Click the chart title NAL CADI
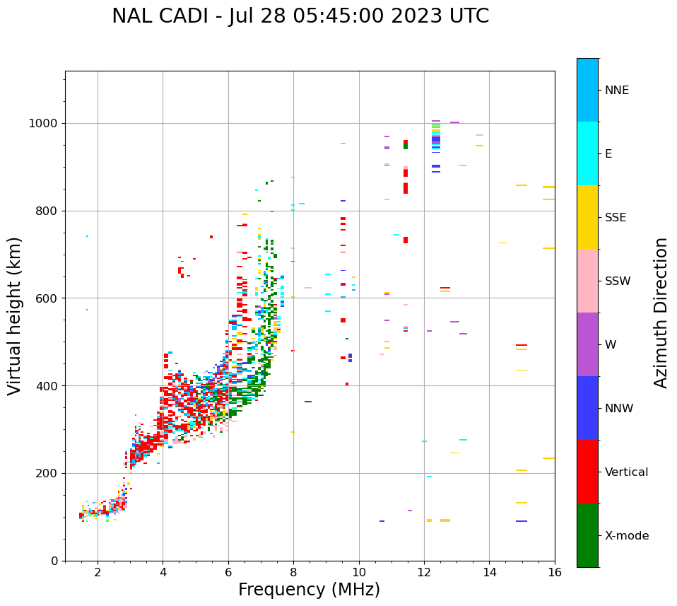pyautogui.click(x=300, y=16)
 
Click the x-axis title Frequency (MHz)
pyautogui.click(x=309, y=590)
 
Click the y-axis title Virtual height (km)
pyautogui.click(x=15, y=316)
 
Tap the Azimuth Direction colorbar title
pyautogui.click(x=661, y=313)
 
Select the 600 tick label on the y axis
pyautogui.click(x=47, y=298)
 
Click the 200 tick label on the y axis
pyautogui.click(x=47, y=473)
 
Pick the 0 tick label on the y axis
pyautogui.click(x=54, y=561)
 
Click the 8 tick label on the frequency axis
pyautogui.click(x=293, y=572)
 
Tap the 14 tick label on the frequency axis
pyautogui.click(x=489, y=572)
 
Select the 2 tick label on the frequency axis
pyautogui.click(x=98, y=572)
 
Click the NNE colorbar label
pyautogui.click(x=617, y=91)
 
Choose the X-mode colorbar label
pyautogui.click(x=627, y=536)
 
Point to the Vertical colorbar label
pyautogui.click(x=627, y=472)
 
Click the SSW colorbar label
pyautogui.click(x=618, y=281)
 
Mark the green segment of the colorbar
pyautogui.click(x=587, y=535)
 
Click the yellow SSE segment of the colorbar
pyautogui.click(x=587, y=217)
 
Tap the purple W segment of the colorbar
pyautogui.click(x=587, y=344)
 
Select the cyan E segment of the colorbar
pyautogui.click(x=587, y=153)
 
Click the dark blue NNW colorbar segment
pyautogui.click(x=587, y=408)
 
